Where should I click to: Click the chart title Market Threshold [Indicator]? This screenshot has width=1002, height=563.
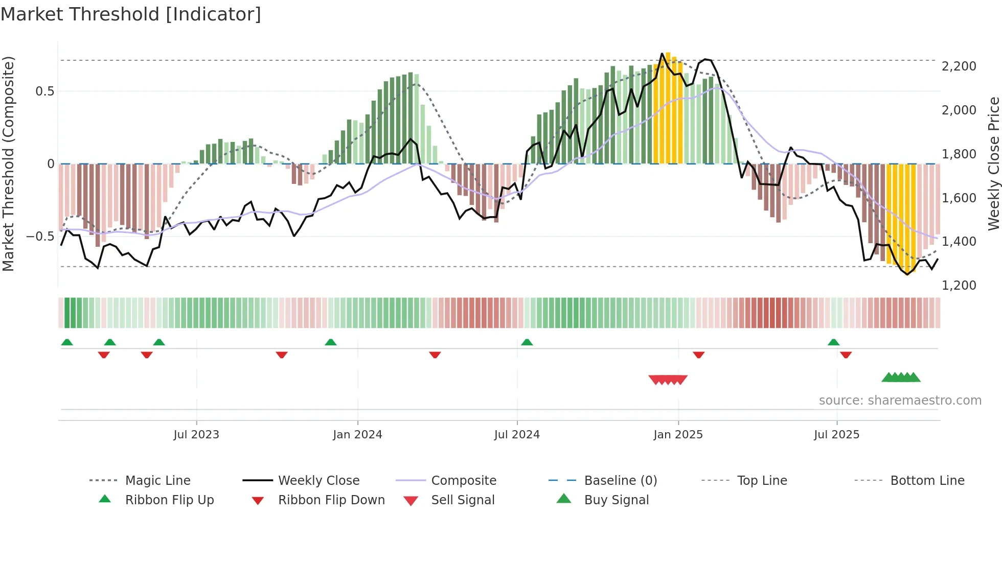pos(131,14)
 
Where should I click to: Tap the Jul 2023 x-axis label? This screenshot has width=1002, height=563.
pos(196,435)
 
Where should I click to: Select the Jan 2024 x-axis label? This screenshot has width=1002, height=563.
pos(357,435)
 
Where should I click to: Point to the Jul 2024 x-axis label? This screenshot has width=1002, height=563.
pos(517,435)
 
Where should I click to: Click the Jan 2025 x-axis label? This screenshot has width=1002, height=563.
pos(678,435)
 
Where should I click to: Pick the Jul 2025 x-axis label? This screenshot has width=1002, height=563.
pos(836,435)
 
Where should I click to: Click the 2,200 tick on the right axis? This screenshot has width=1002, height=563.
pos(959,66)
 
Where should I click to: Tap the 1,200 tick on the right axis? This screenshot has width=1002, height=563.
pos(959,286)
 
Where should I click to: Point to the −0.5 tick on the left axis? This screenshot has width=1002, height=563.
pos(40,237)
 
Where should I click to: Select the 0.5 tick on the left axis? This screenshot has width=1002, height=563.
pos(44,91)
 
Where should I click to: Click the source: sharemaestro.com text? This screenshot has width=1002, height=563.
pos(900,401)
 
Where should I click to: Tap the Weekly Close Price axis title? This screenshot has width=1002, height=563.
pos(993,163)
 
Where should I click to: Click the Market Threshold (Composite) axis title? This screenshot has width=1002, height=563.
pos(8,163)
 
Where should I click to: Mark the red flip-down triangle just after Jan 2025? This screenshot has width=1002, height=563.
pos(699,355)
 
